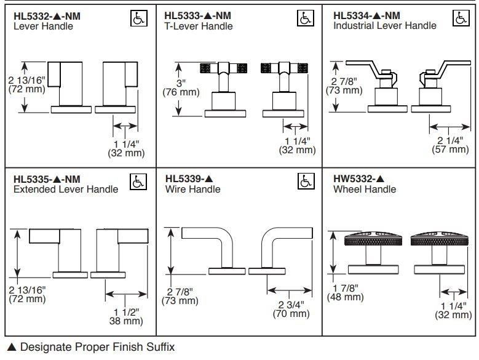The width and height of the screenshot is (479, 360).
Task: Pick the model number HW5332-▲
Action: (x=361, y=179)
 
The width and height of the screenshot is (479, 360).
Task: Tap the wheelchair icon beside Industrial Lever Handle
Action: (x=459, y=18)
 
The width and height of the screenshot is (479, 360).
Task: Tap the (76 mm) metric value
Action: (x=180, y=92)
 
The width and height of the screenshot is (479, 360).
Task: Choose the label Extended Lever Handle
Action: (x=66, y=190)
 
